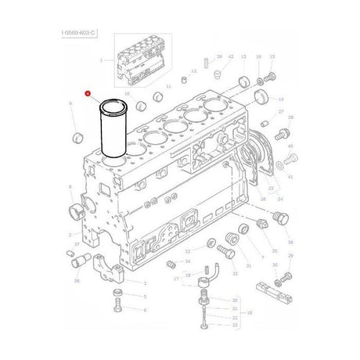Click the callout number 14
(281, 99)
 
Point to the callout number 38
(76, 279)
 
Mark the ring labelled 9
(77, 139)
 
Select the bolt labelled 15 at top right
(271, 77)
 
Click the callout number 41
(291, 178)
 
